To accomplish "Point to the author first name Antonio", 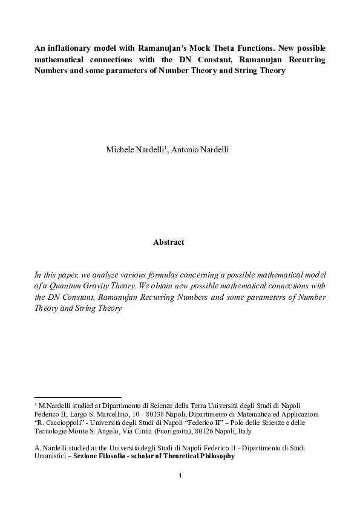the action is [187, 149].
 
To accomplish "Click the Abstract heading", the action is [168, 242].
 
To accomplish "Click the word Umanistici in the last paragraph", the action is [52, 456].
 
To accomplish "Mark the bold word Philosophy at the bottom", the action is [213, 456].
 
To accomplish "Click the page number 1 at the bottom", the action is [180, 476].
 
